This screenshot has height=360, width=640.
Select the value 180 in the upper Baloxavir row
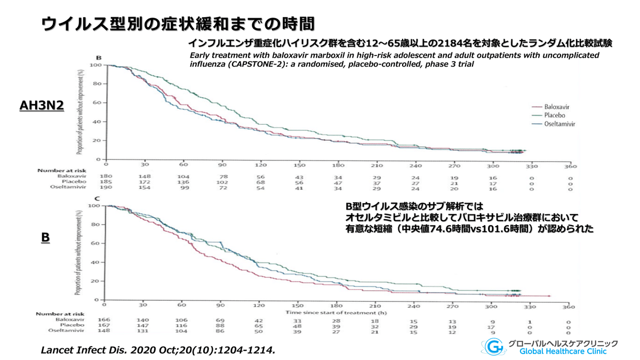click(x=106, y=175)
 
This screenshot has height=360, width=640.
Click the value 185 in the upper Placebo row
click(x=106, y=182)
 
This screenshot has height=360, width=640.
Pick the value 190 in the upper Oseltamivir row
click(x=106, y=189)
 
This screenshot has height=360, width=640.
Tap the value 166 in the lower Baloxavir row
click(x=106, y=319)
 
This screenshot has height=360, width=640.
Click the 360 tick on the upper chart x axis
click(x=569, y=166)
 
